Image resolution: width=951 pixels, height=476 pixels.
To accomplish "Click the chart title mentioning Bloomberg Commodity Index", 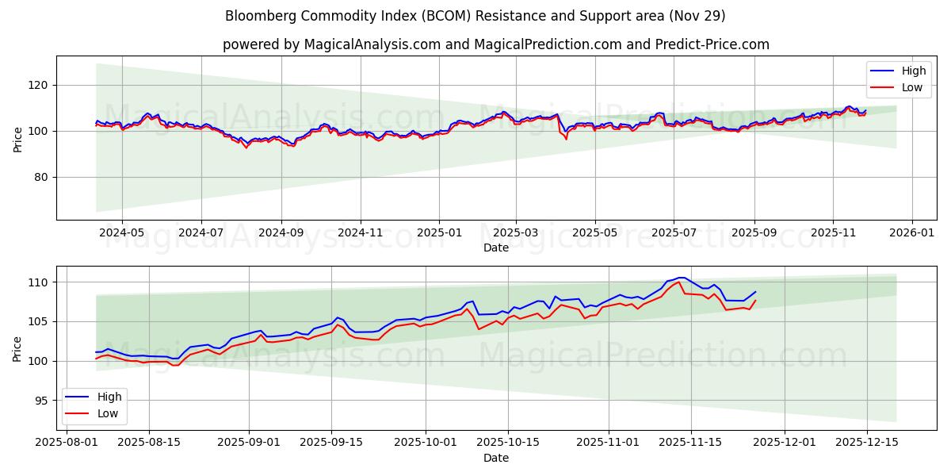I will point(475,16).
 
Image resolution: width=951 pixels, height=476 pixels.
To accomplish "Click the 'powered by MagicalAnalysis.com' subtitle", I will point(495,44).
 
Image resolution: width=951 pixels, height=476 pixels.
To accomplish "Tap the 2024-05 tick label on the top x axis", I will point(121,233).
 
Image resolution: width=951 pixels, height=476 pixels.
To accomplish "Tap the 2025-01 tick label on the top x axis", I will point(438,233).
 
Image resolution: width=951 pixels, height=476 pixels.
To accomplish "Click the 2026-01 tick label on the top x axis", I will point(911,233).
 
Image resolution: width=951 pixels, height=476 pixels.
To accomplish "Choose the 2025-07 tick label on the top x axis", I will point(674,233).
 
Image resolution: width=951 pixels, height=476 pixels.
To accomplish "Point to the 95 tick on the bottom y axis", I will point(40,401).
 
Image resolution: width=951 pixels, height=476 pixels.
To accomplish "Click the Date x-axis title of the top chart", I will point(495,248).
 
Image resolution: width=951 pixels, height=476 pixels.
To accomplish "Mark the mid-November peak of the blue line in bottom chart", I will point(681,278).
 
